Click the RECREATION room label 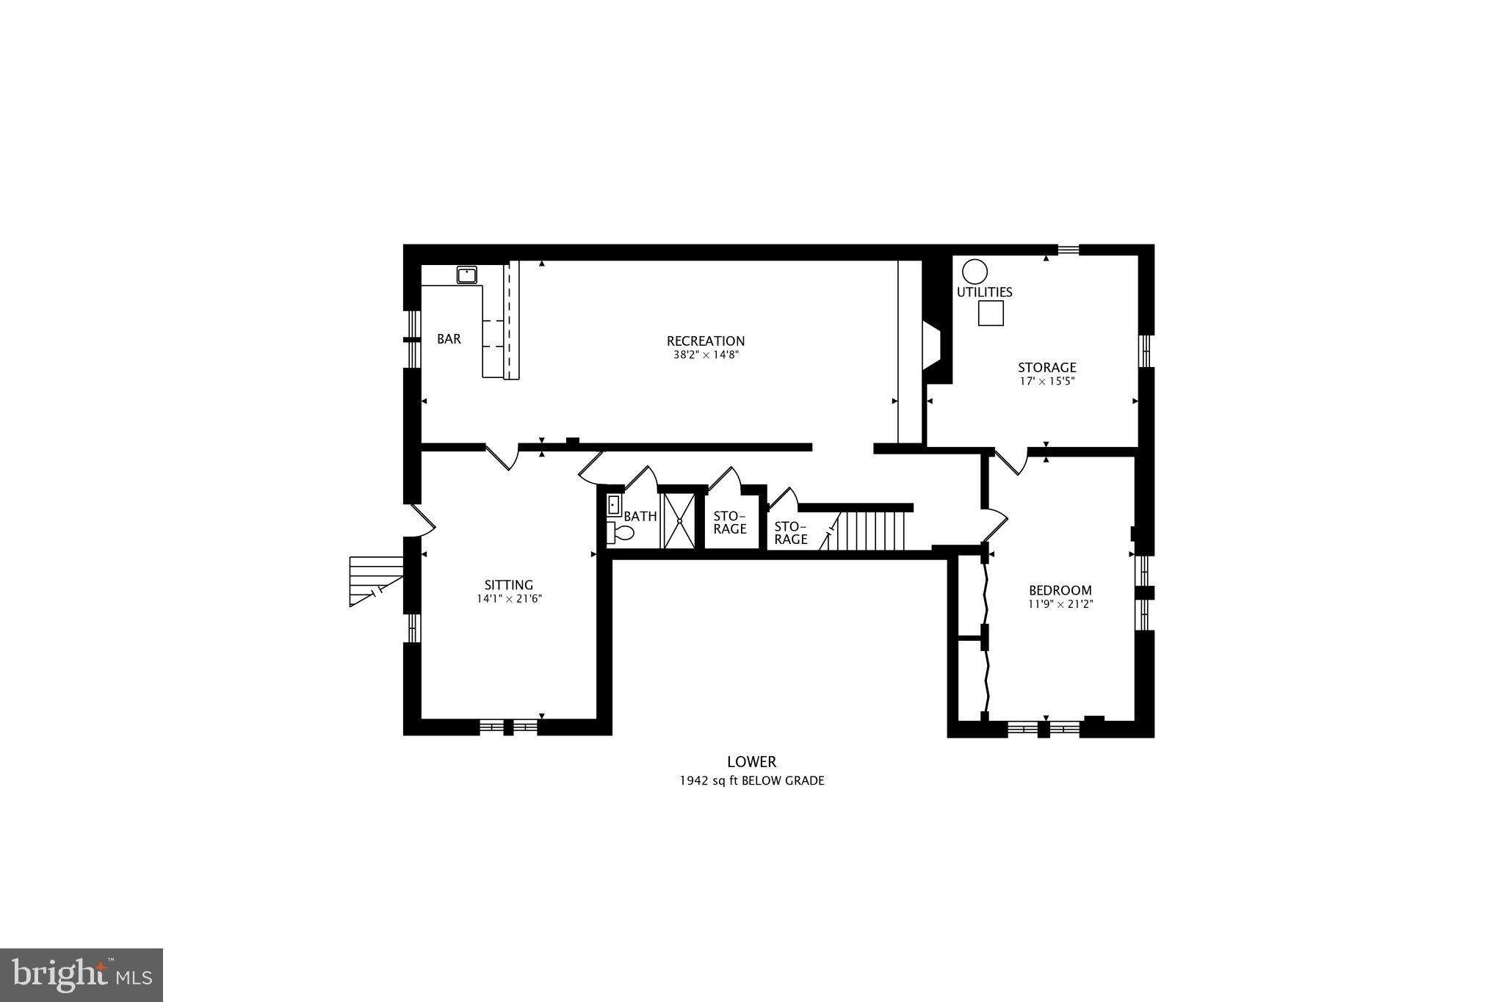(705, 341)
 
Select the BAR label (449, 339)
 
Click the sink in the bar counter (466, 275)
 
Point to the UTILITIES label (984, 292)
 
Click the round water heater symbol (975, 272)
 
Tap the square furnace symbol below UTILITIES (991, 313)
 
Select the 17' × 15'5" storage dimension (1046, 382)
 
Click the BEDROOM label (1060, 590)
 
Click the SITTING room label (508, 585)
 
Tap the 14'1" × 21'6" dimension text (508, 599)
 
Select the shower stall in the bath (679, 520)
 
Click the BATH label (640, 516)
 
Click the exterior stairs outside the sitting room (375, 580)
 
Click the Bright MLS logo (82, 975)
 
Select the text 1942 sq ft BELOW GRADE (751, 781)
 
